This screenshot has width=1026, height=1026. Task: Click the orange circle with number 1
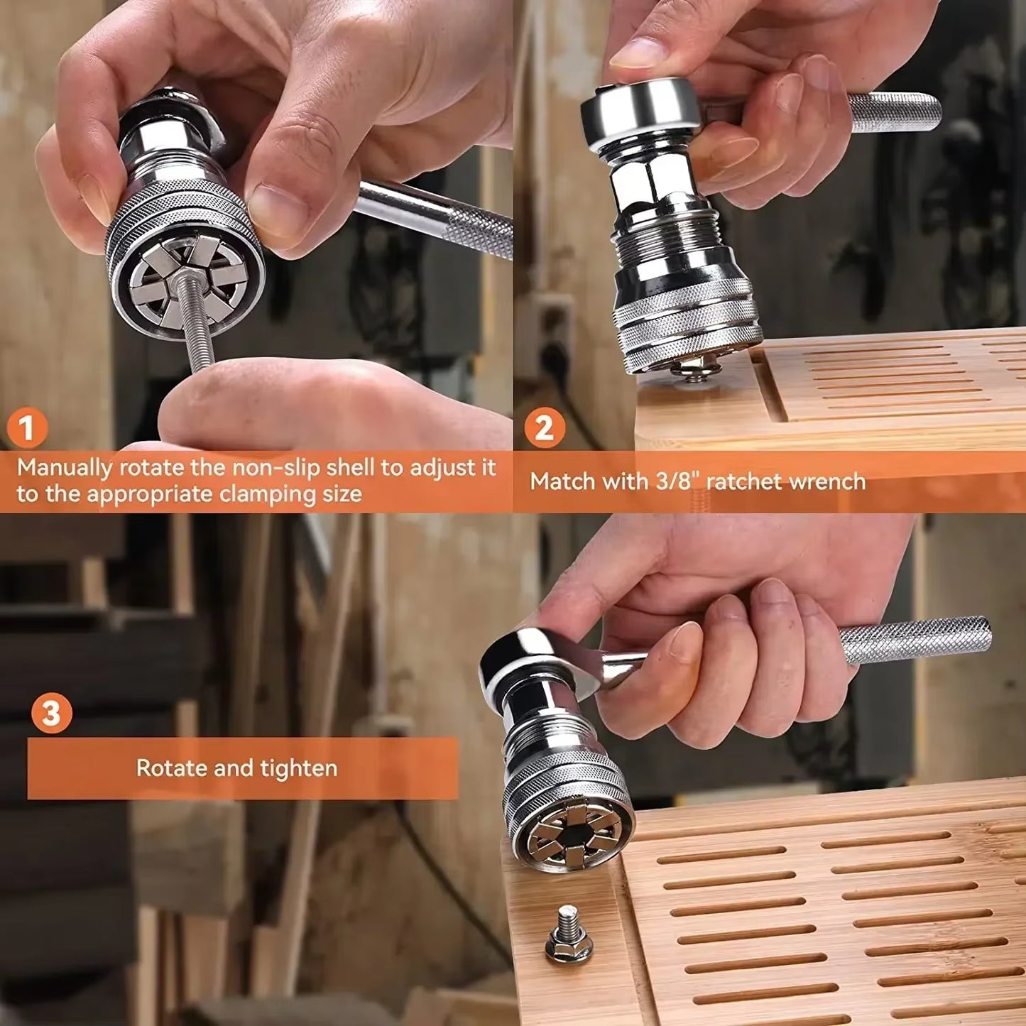tap(27, 428)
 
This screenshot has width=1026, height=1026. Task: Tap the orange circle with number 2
tap(544, 428)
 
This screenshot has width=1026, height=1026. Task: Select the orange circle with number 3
tap(51, 714)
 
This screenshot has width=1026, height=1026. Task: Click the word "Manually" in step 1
tap(65, 469)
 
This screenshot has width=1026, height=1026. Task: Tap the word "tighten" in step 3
tap(298, 768)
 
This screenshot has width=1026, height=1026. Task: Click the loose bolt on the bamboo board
tap(568, 936)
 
